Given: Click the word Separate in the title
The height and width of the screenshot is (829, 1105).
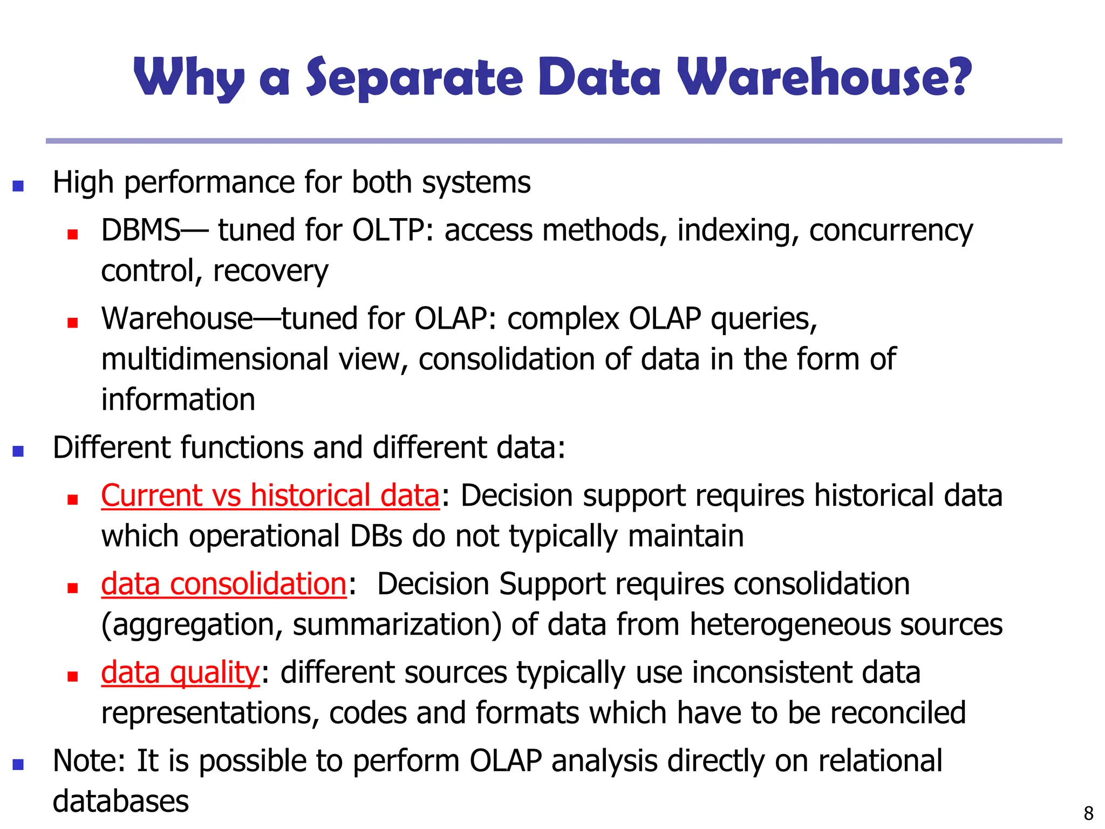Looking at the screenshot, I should click(414, 78).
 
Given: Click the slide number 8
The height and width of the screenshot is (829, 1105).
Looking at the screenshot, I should click(1088, 813).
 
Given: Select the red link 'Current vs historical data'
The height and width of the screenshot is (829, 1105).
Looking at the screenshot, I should click(270, 495).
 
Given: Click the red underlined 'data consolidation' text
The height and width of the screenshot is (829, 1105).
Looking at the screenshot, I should click(223, 584).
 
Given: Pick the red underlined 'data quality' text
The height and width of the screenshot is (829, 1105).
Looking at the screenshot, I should click(180, 672).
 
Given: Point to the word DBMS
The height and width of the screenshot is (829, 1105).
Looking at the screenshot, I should click(140, 230).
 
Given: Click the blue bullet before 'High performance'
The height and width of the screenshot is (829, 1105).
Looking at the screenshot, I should click(18, 186).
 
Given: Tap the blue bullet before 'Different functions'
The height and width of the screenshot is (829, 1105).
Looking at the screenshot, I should click(18, 451).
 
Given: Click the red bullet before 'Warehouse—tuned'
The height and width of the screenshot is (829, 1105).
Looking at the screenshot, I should click(73, 323).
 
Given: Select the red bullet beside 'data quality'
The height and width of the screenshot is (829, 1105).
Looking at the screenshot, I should click(73, 676).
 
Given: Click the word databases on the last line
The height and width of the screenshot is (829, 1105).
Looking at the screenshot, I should click(121, 801).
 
